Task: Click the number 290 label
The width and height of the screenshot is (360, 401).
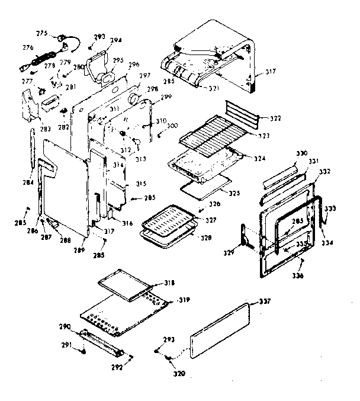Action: [65, 326]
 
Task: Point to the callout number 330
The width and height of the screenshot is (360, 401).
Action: [301, 153]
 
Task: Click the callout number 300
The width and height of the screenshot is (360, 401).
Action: [172, 126]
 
